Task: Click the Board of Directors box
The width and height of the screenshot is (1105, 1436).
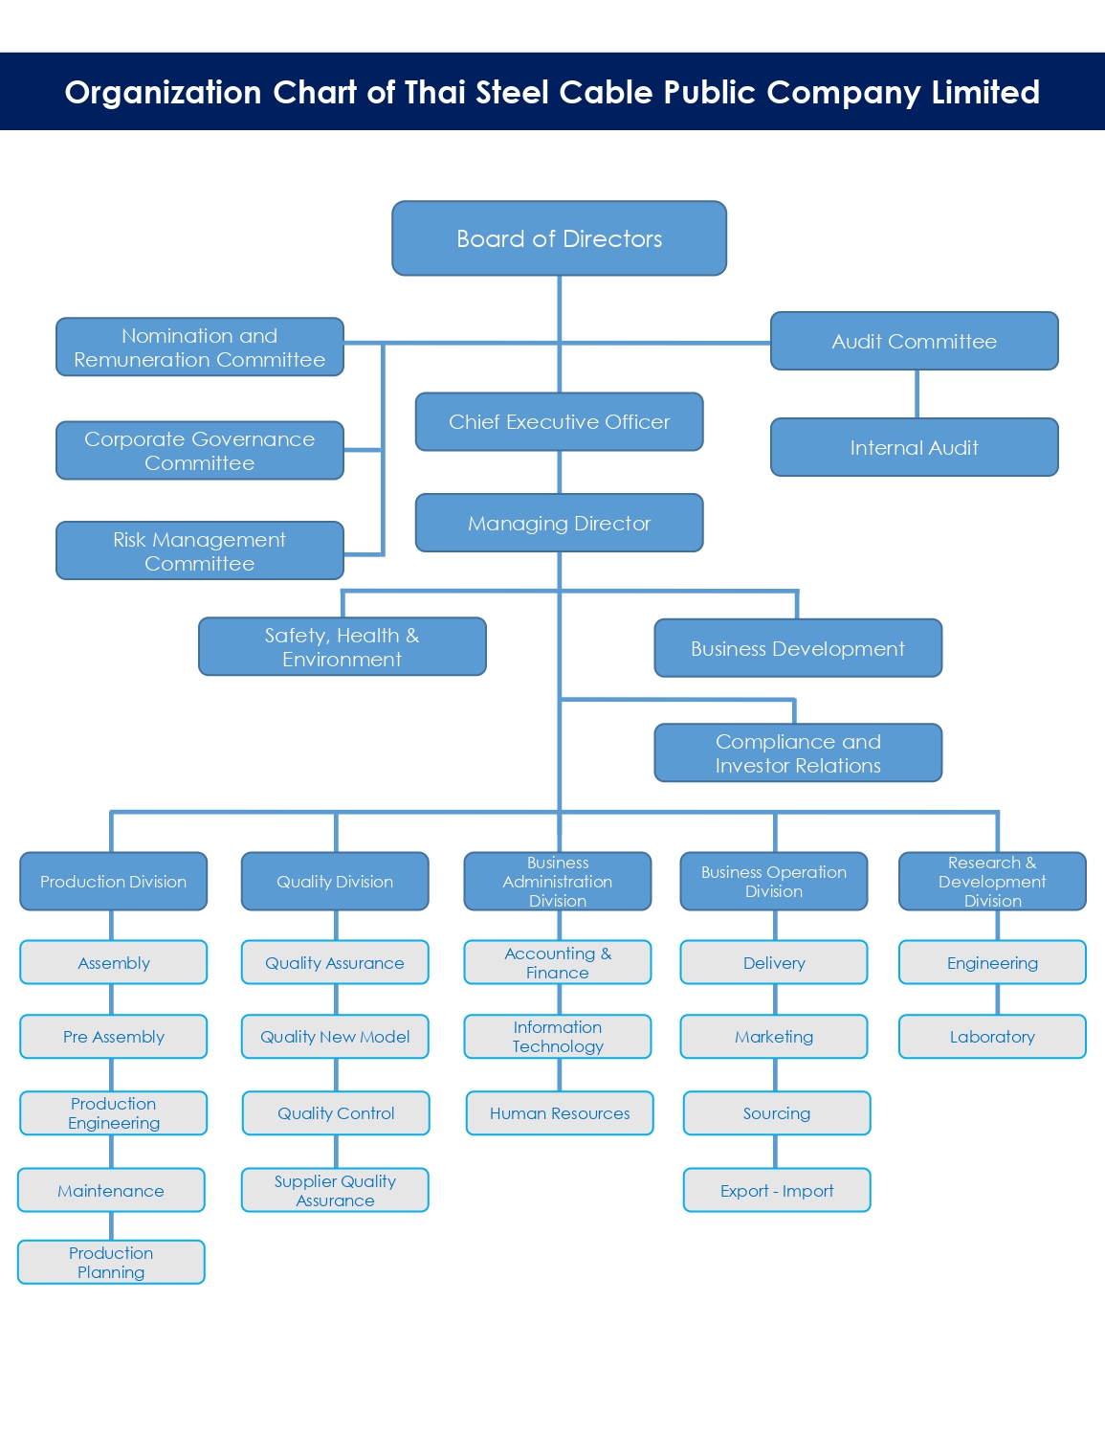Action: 559,238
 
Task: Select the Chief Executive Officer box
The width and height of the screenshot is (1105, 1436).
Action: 559,421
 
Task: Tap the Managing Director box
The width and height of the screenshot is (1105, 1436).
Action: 559,523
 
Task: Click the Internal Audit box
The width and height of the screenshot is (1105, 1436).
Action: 914,447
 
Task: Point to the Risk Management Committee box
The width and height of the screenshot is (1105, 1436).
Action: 199,550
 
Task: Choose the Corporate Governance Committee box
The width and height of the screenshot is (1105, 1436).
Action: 199,450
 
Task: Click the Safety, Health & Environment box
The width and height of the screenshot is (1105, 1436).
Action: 342,647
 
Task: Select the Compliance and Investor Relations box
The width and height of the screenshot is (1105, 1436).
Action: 798,752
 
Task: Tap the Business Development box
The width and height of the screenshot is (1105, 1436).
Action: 798,648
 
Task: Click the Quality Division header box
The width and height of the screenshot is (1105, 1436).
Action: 335,881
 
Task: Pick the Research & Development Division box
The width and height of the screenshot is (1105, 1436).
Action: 992,881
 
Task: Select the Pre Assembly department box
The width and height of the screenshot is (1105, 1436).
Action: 113,1037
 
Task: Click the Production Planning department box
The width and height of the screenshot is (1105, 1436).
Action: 111,1262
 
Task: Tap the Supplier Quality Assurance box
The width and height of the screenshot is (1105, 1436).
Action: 335,1190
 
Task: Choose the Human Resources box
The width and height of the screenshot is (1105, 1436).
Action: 560,1113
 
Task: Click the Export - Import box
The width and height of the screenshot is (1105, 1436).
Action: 777,1190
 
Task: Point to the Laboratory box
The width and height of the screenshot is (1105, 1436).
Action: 992,1037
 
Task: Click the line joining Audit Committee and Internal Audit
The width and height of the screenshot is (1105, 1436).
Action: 917,393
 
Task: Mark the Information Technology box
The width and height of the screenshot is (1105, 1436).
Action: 558,1037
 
